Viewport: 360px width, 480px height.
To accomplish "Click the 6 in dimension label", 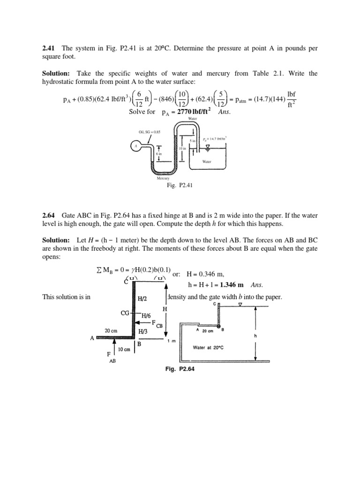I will (159, 153).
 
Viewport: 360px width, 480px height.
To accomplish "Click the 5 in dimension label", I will (192, 140).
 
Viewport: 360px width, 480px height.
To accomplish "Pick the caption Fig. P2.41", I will (180, 185).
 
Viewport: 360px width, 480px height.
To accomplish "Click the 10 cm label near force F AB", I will (125, 349).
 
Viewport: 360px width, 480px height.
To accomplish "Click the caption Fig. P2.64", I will (180, 369).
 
